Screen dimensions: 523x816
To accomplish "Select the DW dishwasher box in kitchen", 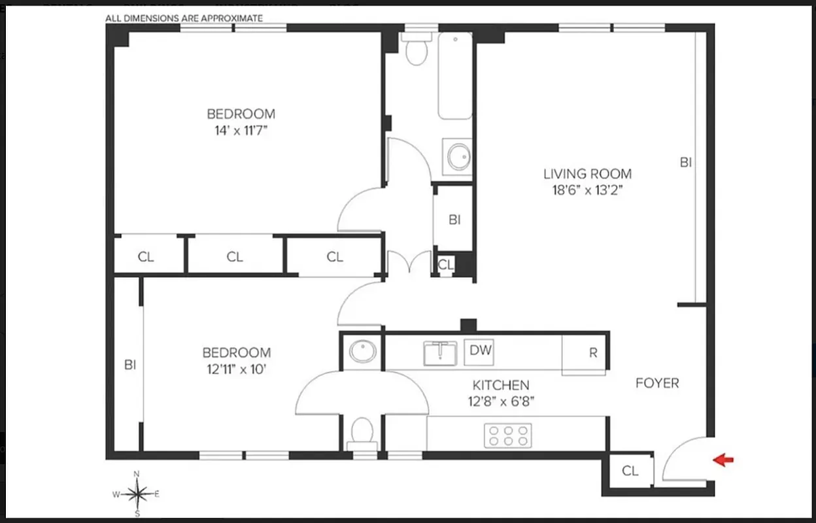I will pyautogui.click(x=481, y=351).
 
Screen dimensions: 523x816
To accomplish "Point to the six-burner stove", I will pyautogui.click(x=507, y=435).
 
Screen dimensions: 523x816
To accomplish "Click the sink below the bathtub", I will pyautogui.click(x=458, y=157).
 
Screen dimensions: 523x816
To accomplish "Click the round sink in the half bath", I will pyautogui.click(x=362, y=352).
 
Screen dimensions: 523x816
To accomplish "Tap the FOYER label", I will pyautogui.click(x=657, y=383).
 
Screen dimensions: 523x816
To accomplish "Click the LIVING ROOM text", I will pyautogui.click(x=588, y=174).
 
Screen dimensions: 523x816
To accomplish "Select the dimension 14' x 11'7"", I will pyautogui.click(x=241, y=129).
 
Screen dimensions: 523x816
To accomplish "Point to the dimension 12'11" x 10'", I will pyautogui.click(x=236, y=369).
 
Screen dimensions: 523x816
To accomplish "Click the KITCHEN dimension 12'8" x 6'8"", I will pyautogui.click(x=501, y=401).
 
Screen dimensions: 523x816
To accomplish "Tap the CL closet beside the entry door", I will pyautogui.click(x=630, y=471).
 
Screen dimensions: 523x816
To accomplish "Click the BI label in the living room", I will pyautogui.click(x=685, y=163).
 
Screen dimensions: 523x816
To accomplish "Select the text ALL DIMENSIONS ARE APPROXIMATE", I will pyautogui.click(x=184, y=18).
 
